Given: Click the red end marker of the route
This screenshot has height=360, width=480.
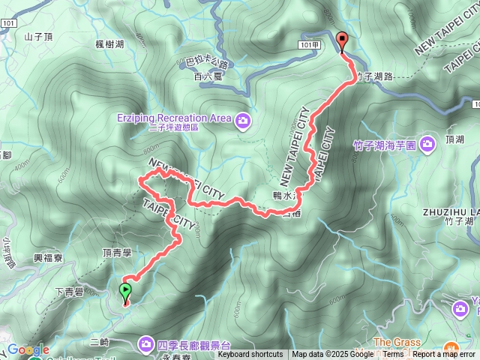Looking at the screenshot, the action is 343,43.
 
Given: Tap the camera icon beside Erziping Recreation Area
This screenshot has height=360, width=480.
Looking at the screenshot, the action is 242,118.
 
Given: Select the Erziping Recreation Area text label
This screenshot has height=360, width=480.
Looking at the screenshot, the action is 173,118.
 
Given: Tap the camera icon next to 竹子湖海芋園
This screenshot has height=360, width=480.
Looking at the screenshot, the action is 427,142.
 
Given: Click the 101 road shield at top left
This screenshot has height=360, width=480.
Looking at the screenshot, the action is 9,23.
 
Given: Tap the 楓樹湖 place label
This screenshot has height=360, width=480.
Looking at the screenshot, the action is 110,46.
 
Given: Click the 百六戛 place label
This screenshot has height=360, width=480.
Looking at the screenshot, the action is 205,76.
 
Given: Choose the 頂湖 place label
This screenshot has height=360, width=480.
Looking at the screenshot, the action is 454,139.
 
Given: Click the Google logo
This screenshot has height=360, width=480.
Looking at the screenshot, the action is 28,349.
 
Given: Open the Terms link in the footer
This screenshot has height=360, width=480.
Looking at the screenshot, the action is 393,355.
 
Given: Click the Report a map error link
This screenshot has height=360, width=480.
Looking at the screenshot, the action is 443,355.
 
